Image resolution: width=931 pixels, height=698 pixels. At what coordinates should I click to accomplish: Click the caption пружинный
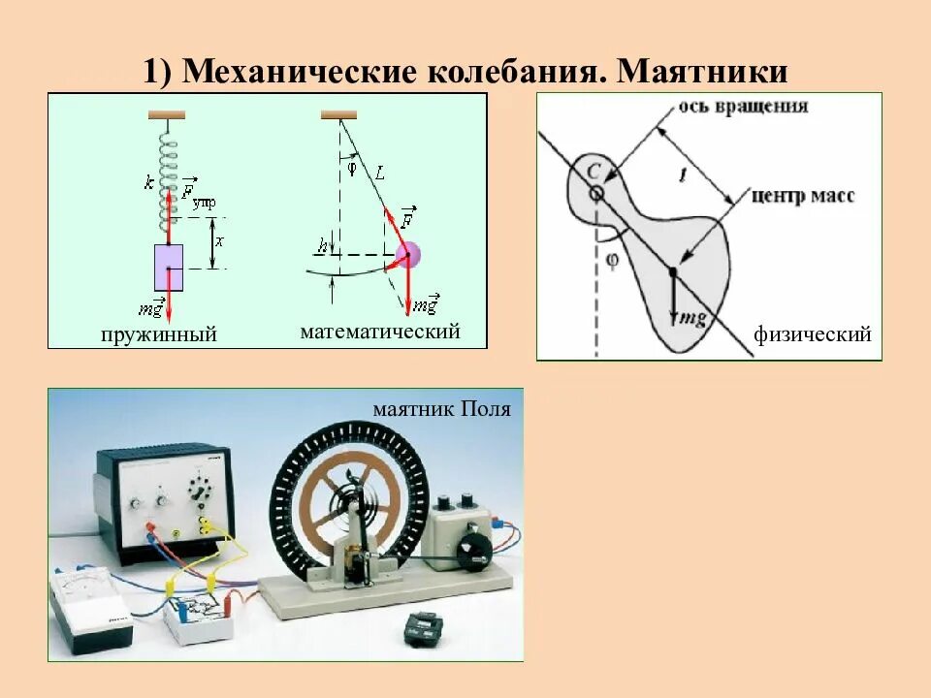[157, 334]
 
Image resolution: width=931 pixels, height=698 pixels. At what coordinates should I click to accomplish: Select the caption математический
[379, 332]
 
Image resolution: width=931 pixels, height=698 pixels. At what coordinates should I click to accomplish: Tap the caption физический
[812, 334]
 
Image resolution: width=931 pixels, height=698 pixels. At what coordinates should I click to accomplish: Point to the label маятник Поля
[441, 409]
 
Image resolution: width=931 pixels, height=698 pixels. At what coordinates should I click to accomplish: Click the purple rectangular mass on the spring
[169, 268]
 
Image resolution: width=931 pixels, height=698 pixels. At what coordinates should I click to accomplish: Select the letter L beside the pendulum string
[380, 174]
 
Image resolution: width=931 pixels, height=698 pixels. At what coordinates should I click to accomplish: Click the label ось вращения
[742, 106]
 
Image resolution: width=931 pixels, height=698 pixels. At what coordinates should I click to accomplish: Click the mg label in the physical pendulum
[689, 317]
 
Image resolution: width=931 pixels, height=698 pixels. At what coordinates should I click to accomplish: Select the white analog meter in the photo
[92, 607]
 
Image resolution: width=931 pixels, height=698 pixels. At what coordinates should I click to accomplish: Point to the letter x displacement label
[219, 241]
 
